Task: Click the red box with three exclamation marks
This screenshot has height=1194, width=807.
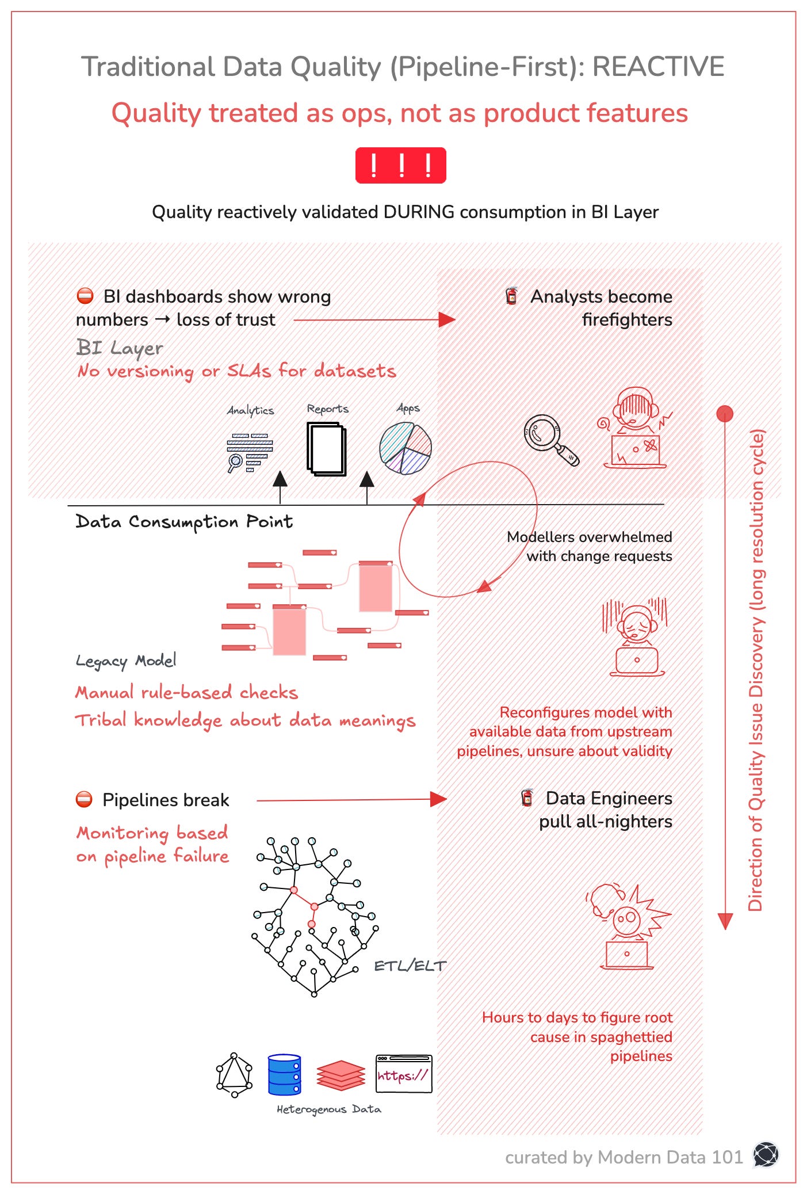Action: point(400,166)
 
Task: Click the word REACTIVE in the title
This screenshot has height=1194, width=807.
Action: point(658,67)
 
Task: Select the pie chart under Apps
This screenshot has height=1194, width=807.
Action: point(406,448)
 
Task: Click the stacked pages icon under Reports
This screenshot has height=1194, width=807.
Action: point(326,449)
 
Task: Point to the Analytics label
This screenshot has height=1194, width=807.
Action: point(251,410)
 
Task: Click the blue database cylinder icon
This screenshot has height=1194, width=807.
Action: point(284,1074)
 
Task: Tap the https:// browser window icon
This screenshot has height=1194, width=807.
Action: point(404,1074)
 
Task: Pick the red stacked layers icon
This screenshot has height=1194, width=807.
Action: point(341,1075)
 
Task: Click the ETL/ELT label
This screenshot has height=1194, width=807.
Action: point(410,966)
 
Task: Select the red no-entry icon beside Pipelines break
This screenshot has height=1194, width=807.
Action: point(85,800)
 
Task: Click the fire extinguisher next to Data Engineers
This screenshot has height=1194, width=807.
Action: point(527,798)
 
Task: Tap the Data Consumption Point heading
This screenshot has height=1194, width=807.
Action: point(184,522)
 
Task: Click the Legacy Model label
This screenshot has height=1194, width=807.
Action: point(126,661)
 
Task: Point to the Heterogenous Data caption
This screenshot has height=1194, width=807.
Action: point(328,1109)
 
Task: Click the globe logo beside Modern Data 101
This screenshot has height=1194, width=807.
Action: point(766,1154)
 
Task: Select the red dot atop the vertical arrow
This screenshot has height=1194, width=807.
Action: point(725,413)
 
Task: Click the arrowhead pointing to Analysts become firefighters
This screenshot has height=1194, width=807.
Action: point(446,319)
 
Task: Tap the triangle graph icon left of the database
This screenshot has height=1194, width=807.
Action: point(234,1075)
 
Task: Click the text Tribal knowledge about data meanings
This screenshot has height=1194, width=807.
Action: point(245,720)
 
